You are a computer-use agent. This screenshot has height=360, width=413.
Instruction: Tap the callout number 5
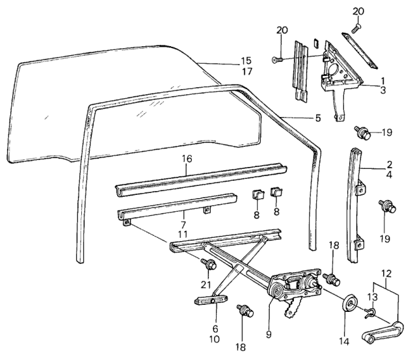coord(317,118)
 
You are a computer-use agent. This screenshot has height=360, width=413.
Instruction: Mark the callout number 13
coord(371,296)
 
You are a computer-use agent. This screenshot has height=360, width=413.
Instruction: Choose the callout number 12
coord(389,274)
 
